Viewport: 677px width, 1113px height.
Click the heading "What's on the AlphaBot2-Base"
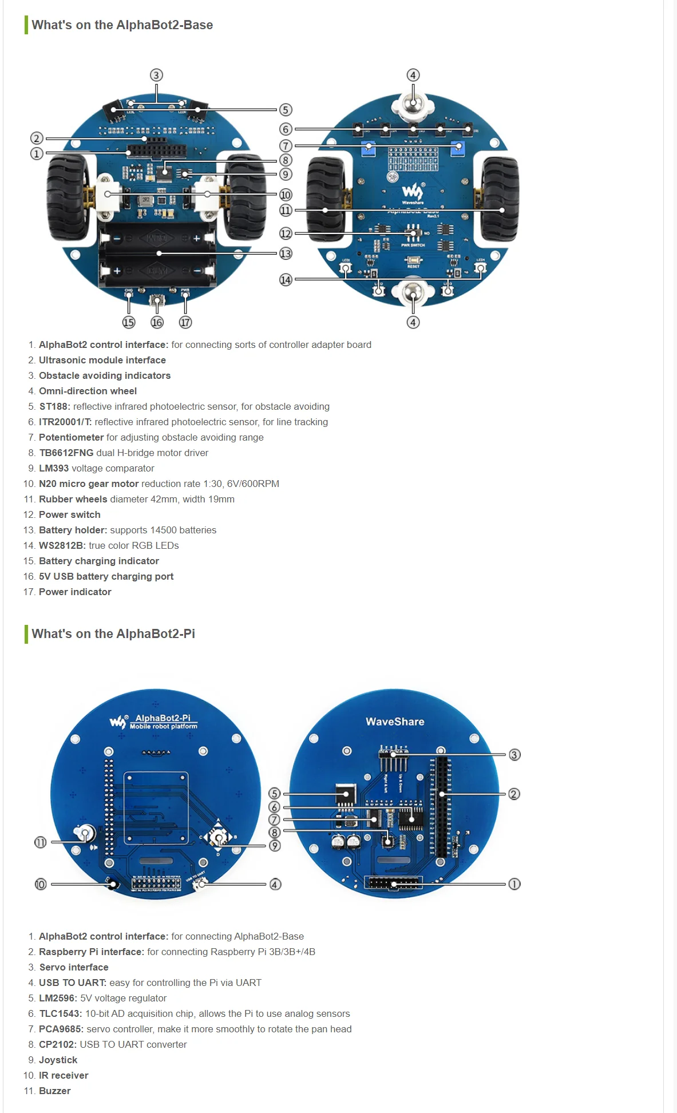click(122, 25)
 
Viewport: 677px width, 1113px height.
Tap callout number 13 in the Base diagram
click(286, 254)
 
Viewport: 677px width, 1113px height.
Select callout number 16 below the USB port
click(157, 323)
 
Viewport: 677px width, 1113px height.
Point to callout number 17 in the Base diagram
click(185, 323)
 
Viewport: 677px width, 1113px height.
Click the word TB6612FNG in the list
click(66, 453)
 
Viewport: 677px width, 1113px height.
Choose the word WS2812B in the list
click(62, 545)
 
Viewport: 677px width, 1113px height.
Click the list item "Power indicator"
click(75, 592)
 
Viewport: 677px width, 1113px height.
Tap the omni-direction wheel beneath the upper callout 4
click(413, 105)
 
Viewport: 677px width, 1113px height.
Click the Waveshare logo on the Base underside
click(413, 193)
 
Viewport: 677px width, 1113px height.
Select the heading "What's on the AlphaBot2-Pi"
click(113, 634)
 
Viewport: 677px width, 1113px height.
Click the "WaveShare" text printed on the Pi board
click(395, 722)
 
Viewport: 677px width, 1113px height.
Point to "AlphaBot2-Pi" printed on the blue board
click(163, 718)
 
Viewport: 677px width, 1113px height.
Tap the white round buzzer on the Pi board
click(84, 833)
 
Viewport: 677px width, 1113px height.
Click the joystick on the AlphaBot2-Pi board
click(218, 838)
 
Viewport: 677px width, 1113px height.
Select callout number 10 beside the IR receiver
click(41, 884)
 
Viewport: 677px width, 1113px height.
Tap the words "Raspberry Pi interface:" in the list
click(92, 952)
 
